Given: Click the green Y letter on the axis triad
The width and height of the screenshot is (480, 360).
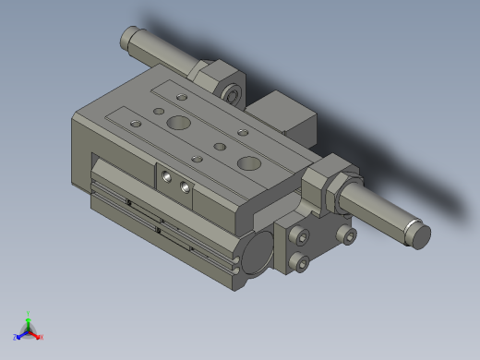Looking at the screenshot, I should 29,314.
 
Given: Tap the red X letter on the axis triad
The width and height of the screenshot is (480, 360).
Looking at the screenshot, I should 42,337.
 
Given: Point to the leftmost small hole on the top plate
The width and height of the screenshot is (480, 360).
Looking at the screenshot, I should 136,123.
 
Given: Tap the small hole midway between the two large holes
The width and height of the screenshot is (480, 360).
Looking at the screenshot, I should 220,146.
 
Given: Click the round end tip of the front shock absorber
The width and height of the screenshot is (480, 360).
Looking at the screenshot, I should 420,236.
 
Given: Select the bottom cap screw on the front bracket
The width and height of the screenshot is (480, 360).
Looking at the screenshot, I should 299,264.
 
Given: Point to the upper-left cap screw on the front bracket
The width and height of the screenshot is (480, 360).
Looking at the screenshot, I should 297,237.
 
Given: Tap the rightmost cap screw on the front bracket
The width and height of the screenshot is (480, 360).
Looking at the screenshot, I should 346,235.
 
